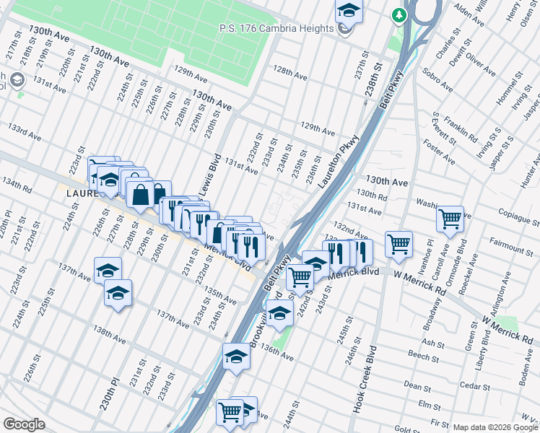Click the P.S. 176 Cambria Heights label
[x=277, y=28]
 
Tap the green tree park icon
[x=399, y=14]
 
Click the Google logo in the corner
[x=23, y=424]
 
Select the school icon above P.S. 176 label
[x=348, y=10]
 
